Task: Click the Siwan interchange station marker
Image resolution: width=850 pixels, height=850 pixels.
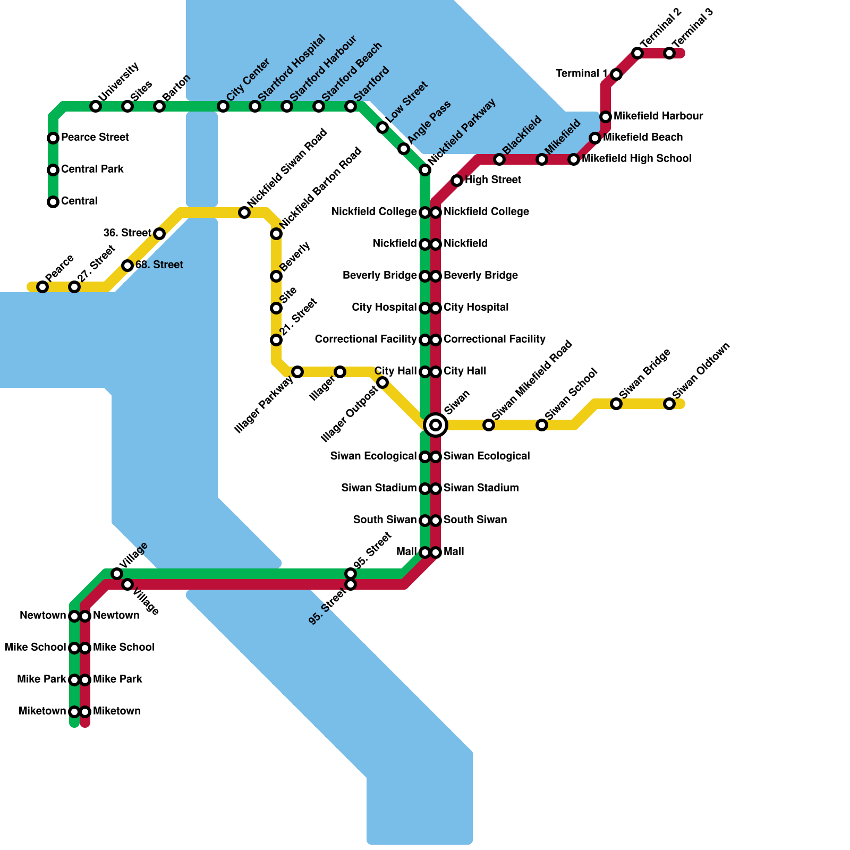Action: click(436, 424)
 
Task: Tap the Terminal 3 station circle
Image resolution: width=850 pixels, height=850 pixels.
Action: click(669, 53)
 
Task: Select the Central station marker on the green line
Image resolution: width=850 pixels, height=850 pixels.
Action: click(53, 202)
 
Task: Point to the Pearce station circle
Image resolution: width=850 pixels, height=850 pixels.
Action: click(42, 287)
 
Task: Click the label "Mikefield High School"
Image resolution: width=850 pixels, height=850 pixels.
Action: click(636, 159)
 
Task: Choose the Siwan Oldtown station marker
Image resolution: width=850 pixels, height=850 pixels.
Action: click(669, 404)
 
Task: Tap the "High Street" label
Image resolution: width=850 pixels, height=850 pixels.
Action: click(493, 180)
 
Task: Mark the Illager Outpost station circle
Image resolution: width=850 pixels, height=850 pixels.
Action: click(382, 382)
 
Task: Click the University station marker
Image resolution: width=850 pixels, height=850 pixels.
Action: click(96, 106)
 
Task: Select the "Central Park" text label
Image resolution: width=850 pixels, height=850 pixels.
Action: click(92, 169)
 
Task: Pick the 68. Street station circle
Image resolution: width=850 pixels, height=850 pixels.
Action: click(127, 266)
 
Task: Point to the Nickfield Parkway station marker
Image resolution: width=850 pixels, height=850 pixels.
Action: click(425, 170)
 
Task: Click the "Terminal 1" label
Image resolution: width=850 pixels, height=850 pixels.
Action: click(582, 74)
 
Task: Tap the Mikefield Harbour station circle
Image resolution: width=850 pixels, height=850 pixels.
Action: click(606, 117)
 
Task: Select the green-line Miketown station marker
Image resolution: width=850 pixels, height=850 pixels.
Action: click(74, 712)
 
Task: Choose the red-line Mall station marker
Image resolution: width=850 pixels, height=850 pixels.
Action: click(436, 552)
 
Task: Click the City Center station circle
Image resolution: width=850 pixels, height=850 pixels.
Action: click(223, 106)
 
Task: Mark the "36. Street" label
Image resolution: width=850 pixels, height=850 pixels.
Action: click(127, 233)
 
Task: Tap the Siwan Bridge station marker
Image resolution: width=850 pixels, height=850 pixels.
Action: click(616, 404)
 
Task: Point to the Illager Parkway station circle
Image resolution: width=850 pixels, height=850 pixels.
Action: click(297, 372)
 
